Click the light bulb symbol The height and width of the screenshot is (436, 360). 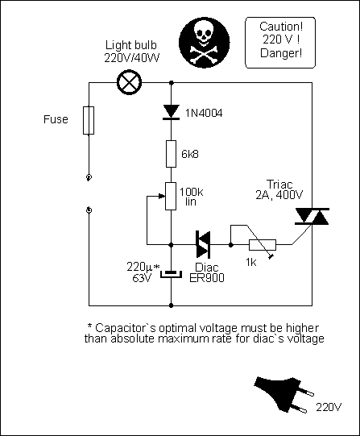(129, 82)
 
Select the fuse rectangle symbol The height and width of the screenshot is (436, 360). (89, 120)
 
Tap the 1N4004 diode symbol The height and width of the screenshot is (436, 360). (171, 112)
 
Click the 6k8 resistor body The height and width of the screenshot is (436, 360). (171, 154)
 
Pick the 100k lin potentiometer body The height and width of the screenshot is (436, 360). (171, 196)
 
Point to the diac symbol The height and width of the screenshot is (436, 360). (203, 245)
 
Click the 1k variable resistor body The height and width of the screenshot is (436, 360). (263, 245)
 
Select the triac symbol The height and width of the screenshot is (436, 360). (312, 216)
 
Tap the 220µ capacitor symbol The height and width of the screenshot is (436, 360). (171, 274)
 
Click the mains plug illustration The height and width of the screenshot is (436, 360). (283, 394)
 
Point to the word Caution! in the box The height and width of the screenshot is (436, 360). (281, 27)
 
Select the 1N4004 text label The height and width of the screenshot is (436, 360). (204, 113)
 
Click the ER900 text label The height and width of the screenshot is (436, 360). (207, 278)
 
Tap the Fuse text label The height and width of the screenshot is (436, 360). (56, 119)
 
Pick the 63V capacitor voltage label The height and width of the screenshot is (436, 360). (142, 278)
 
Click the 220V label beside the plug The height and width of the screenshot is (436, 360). (329, 407)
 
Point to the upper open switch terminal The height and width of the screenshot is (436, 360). (89, 177)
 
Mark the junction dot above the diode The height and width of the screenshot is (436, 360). (172, 82)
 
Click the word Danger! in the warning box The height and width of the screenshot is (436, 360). (281, 53)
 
